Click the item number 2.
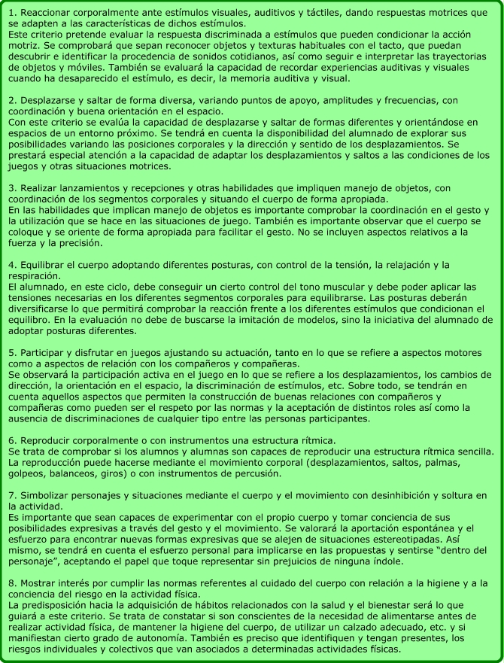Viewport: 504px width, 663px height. pos(11,100)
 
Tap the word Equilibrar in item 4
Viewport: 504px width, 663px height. pos(44,265)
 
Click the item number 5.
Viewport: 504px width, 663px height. pos(11,353)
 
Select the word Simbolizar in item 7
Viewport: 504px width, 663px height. pos(44,496)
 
